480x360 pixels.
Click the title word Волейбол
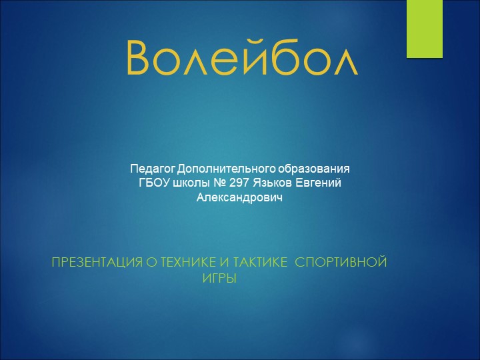[x=241, y=58]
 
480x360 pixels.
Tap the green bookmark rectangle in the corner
[x=425, y=28]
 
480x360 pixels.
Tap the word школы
[x=190, y=183]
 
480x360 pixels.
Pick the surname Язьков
[x=271, y=183]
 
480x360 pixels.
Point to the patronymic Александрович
[x=240, y=198]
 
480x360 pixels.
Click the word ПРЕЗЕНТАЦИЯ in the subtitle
[x=97, y=263]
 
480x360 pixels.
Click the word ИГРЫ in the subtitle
[x=219, y=277]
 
